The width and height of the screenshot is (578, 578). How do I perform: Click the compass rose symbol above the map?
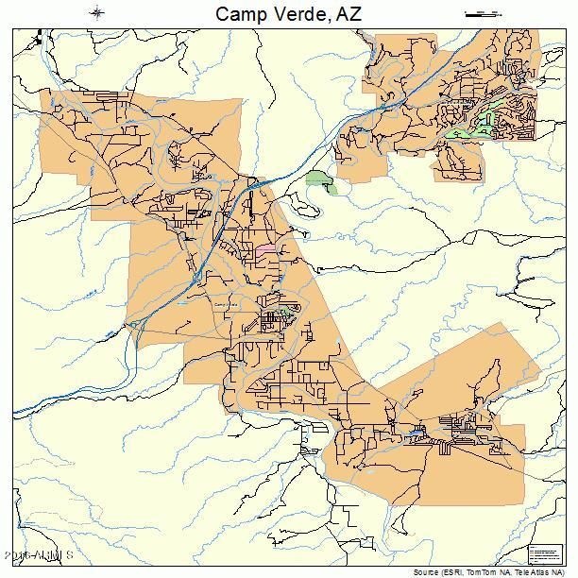point(98,12)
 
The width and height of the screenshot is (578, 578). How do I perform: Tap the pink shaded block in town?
point(265,249)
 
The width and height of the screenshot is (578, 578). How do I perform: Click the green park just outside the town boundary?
point(321,181)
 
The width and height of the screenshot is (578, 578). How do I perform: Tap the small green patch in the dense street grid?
point(283,313)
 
